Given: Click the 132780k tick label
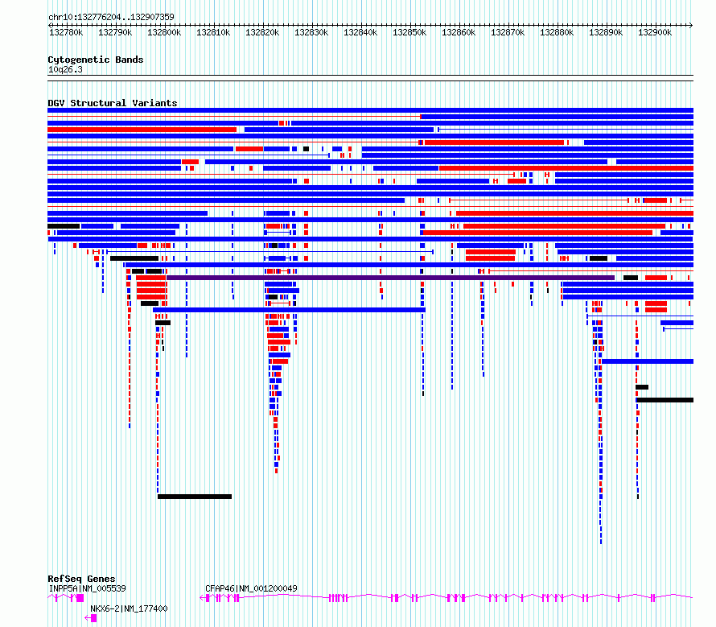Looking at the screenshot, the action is [66, 32].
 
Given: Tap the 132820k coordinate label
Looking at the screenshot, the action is [262, 32].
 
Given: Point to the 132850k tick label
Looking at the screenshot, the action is [409, 32].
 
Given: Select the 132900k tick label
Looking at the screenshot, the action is [655, 32].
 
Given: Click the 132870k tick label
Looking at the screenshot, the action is [508, 32].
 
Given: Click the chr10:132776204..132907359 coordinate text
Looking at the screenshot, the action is [111, 18].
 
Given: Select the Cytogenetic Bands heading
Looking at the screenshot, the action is [96, 60].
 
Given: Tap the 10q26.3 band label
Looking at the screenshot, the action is [65, 69].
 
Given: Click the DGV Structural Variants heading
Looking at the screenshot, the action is [113, 103].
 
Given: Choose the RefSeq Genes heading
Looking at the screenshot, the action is [81, 579].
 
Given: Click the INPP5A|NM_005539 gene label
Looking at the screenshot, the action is [87, 588].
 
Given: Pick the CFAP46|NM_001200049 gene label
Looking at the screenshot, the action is [251, 588].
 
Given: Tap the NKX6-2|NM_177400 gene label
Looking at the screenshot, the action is [129, 608].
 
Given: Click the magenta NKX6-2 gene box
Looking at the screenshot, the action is [93, 618].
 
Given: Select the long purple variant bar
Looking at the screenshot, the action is [390, 278].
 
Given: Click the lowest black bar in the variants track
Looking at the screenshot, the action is [195, 497].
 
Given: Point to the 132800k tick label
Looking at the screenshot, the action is [164, 32].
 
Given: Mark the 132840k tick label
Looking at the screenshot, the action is [360, 32].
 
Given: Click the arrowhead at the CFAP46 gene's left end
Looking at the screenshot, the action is [202, 598].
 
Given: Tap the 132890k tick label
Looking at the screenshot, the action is [606, 32].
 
